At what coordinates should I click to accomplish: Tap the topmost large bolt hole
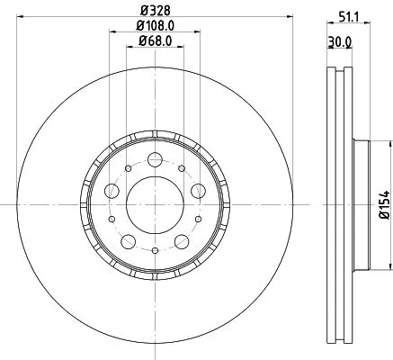pyautogui.click(x=154, y=159)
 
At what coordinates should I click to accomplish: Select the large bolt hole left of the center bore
pyautogui.click(x=112, y=190)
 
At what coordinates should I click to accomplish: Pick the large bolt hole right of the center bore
pyautogui.click(x=196, y=190)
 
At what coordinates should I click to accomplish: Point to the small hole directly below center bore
pyautogui.click(x=154, y=249)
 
